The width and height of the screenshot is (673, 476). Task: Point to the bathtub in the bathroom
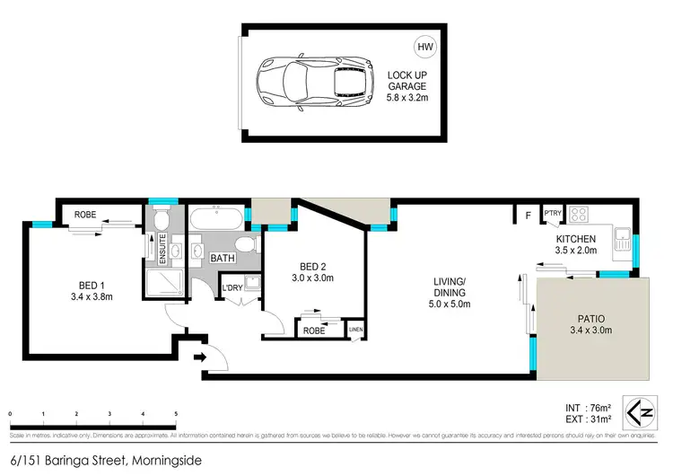214,218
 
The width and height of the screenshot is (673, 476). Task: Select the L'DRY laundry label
232,288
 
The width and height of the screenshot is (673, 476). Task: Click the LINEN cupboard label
356,331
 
